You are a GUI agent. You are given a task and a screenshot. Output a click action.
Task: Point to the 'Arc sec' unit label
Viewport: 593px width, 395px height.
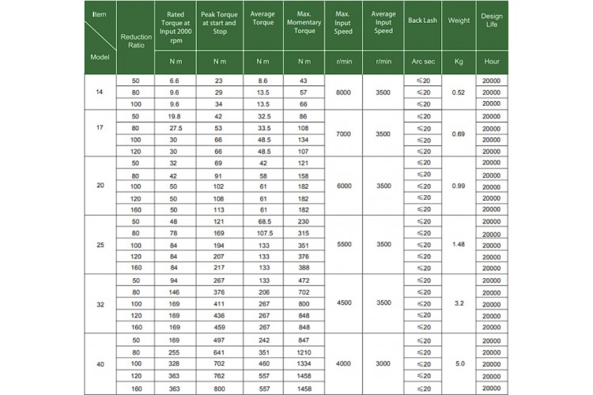tap(423, 61)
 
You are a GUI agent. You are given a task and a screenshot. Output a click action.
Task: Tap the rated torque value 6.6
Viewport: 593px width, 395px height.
tap(175, 81)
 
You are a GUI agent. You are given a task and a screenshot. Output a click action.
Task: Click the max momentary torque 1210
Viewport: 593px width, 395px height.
tap(304, 353)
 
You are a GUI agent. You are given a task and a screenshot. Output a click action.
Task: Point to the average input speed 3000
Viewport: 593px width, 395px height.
tap(383, 364)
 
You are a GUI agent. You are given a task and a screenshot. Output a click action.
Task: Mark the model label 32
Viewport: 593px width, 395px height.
tap(100, 303)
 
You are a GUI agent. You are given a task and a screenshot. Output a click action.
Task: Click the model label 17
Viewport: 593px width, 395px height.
tap(100, 128)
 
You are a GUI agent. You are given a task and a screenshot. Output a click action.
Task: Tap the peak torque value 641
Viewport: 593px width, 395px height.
tap(219, 353)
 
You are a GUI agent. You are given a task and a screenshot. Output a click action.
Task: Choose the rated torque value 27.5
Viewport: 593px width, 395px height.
tap(175, 128)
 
